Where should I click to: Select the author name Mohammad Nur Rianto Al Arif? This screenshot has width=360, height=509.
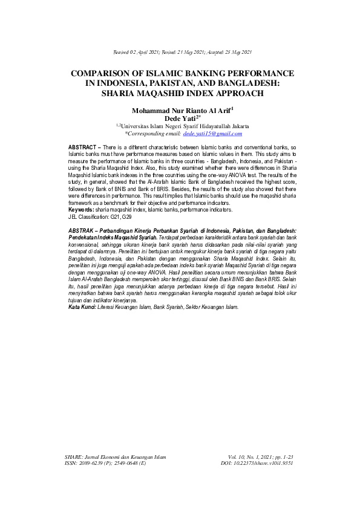pyautogui.click(x=178, y=111)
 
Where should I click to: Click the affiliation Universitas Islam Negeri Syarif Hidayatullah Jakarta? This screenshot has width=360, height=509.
pyautogui.click(x=183, y=126)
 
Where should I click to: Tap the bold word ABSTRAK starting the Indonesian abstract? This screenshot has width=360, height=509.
pyautogui.click(x=82, y=232)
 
